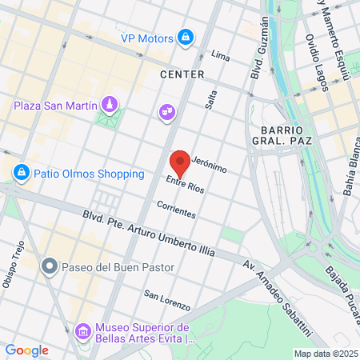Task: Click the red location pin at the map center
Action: click(180, 162)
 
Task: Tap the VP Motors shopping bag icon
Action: click(186, 38)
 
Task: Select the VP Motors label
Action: click(146, 38)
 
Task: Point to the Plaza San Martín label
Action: click(55, 106)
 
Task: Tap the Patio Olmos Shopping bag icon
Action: click(20, 173)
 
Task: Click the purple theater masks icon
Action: click(167, 112)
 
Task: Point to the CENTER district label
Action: click(182, 74)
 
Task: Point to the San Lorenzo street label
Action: click(167, 300)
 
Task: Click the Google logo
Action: click(26, 350)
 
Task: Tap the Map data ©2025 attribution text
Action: click(325, 354)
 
